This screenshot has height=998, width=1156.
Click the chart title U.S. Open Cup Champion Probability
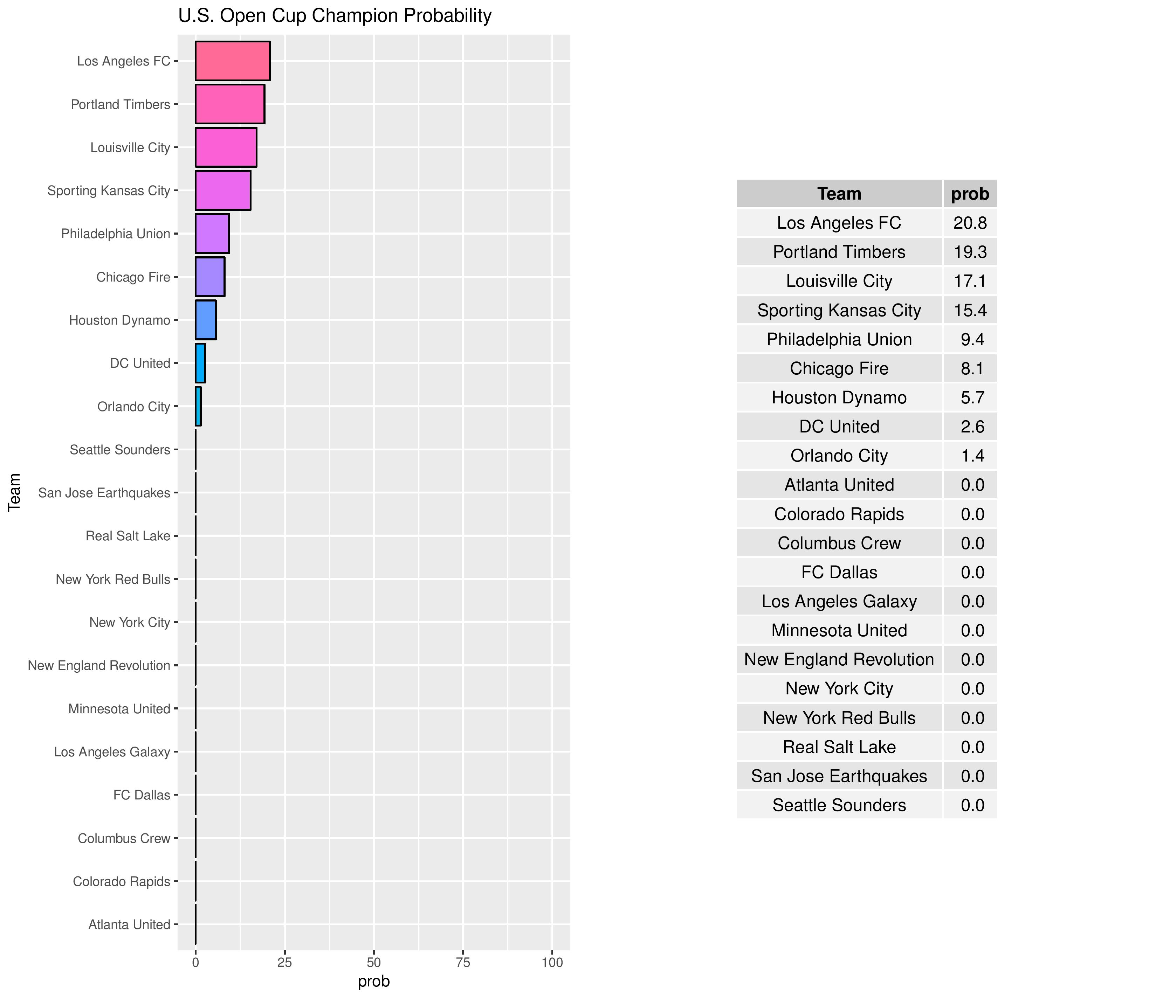pos(335,16)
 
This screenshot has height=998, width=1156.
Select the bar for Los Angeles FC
pos(232,61)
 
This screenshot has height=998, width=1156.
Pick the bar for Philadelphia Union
pos(212,234)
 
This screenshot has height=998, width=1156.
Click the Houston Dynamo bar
pos(205,320)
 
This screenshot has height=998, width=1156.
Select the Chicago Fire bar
pos(210,277)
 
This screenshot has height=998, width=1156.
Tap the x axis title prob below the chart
pos(374,981)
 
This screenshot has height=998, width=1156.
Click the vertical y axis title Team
pos(14,492)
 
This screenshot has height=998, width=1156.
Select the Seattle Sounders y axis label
pos(120,450)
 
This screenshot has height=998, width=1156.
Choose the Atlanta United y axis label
pos(129,925)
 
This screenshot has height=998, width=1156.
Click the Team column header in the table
pos(839,194)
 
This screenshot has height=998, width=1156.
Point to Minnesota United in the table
pos(839,630)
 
